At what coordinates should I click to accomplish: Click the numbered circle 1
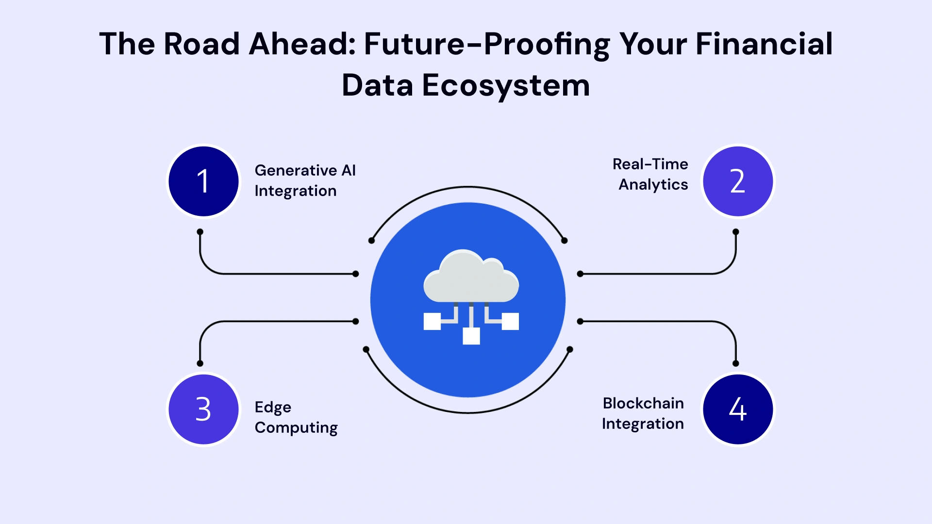[203, 181]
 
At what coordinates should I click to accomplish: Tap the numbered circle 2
[738, 181]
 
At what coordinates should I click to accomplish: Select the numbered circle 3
[203, 409]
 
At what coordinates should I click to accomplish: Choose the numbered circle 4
[738, 409]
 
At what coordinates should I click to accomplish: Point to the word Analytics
[653, 185]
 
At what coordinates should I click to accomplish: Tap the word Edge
[273, 408]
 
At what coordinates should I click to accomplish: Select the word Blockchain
[643, 403]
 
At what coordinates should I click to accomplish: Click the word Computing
[296, 428]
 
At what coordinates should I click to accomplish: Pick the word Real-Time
[650, 164]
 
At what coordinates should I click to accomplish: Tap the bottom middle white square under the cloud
[471, 336]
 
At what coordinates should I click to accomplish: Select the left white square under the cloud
[432, 321]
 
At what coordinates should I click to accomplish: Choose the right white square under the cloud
[510, 321]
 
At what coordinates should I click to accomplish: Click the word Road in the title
[201, 44]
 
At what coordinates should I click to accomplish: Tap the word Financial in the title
[764, 44]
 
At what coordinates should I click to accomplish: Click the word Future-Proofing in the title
[487, 45]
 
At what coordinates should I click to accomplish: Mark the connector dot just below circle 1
[200, 232]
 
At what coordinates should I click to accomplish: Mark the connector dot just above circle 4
[736, 363]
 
